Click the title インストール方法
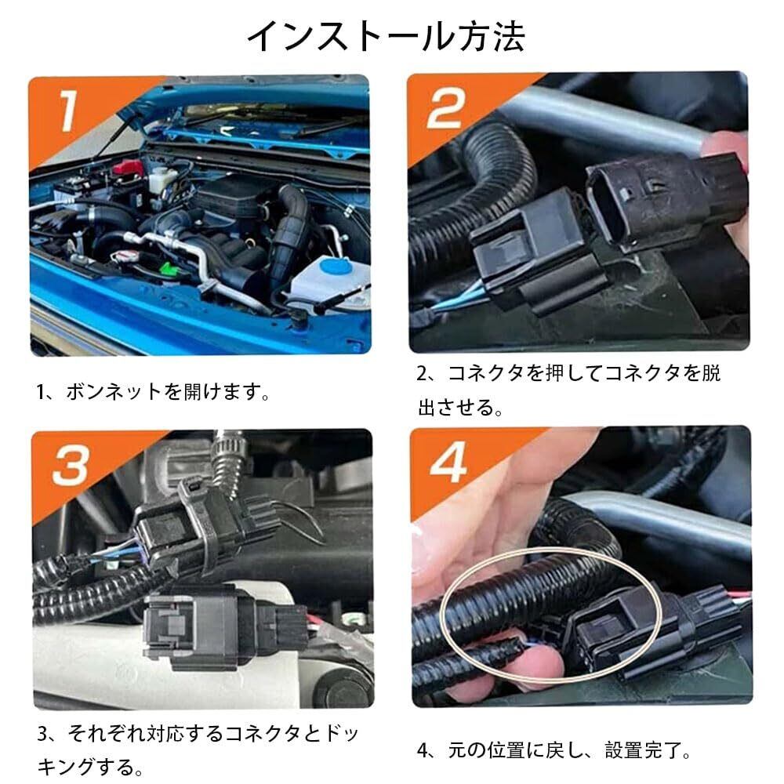pos(386,36)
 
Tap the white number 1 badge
pos(67,111)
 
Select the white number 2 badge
pos(445,108)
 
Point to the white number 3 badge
pos(71,465)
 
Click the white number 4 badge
pos(448,462)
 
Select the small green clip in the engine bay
pos(166,267)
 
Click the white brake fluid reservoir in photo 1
pos(161,180)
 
